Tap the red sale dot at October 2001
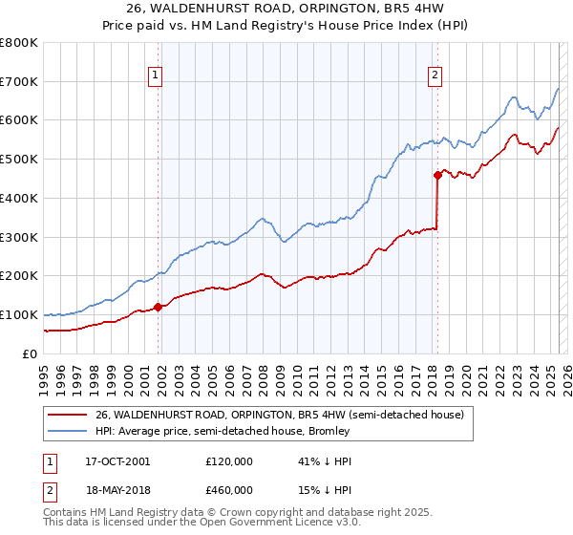pyautogui.click(x=159, y=307)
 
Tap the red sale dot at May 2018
pyautogui.click(x=437, y=175)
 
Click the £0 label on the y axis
pyautogui.click(x=31, y=353)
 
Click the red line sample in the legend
pyautogui.click(x=66, y=415)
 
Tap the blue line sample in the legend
pyautogui.click(x=66, y=432)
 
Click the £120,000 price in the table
pyautogui.click(x=228, y=461)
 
